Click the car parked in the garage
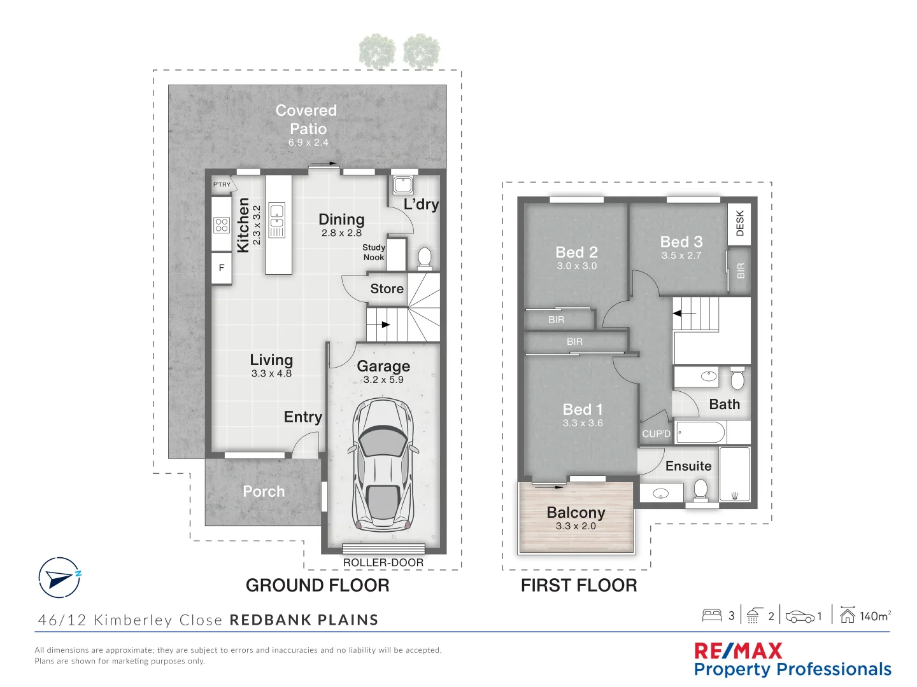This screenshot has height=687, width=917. click(383, 465)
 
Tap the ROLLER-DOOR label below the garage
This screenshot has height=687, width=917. click(383, 563)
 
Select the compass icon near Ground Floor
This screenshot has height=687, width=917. click(59, 578)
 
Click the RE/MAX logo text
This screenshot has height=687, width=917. click(738, 651)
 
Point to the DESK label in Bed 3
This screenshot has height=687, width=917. click(739, 224)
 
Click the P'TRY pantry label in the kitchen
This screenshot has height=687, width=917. click(222, 185)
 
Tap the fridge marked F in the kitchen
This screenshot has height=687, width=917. click(222, 268)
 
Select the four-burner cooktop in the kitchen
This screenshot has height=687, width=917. click(222, 225)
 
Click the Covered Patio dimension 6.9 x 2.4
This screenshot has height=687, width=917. click(308, 142)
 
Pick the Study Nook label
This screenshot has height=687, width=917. click(374, 253)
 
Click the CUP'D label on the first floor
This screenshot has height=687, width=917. click(656, 434)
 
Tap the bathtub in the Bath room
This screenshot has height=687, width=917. click(700, 433)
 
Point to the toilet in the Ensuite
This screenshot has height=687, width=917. click(700, 489)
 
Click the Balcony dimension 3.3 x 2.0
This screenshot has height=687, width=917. click(576, 526)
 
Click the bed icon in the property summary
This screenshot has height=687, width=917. click(711, 615)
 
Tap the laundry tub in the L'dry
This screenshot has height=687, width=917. click(403, 185)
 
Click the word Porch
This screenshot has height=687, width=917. click(264, 492)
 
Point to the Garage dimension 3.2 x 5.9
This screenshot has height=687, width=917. click(383, 380)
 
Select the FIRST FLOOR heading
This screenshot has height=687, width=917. click(579, 585)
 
